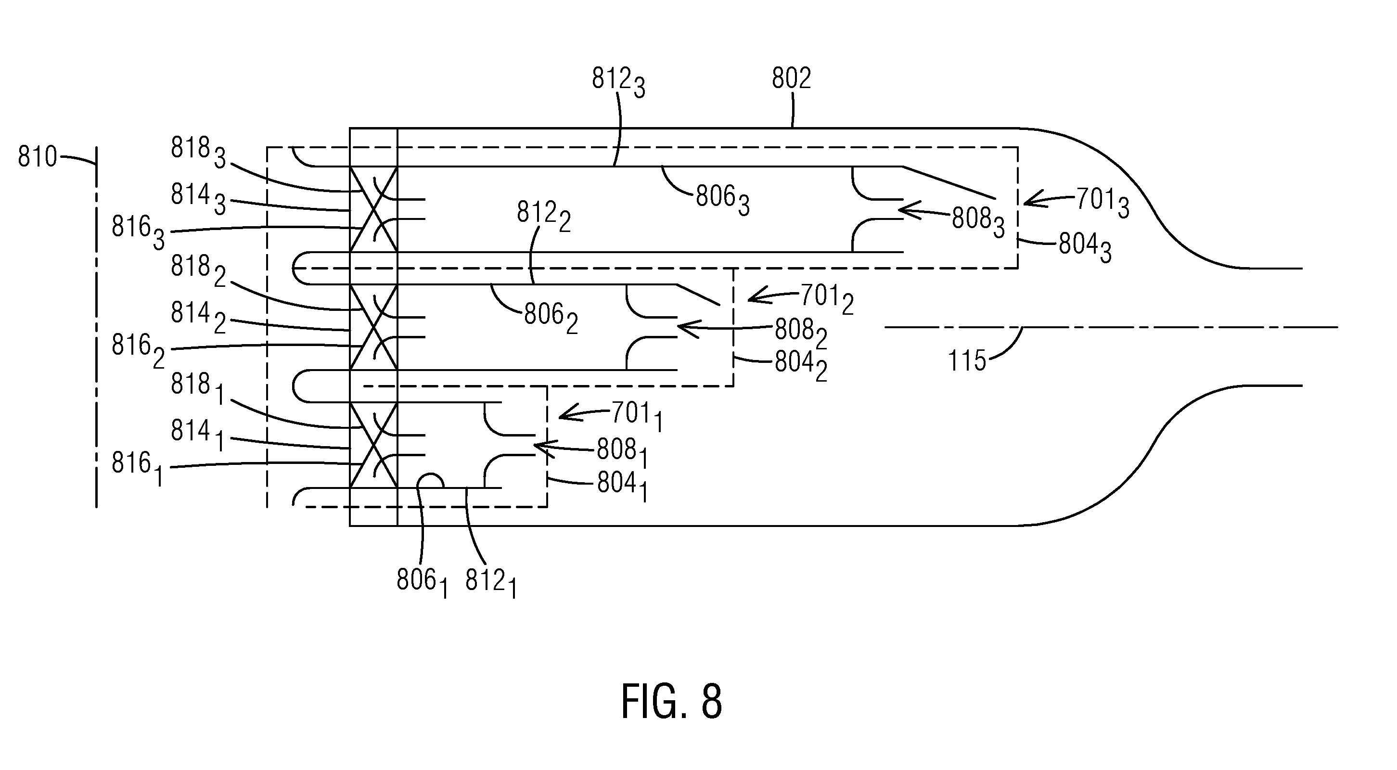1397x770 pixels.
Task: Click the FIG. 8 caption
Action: (x=671, y=702)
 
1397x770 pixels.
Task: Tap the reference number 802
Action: (x=791, y=78)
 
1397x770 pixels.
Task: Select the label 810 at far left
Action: (x=38, y=157)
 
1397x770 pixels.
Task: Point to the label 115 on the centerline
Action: (x=967, y=360)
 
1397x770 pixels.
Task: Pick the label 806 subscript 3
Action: (x=723, y=201)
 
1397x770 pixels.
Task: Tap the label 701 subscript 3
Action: (x=1102, y=204)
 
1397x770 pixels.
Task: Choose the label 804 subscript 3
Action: (x=1086, y=249)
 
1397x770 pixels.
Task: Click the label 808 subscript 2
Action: (x=801, y=333)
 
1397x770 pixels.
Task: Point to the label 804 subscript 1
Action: (x=623, y=487)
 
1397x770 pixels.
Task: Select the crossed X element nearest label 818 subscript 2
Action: (x=373, y=327)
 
